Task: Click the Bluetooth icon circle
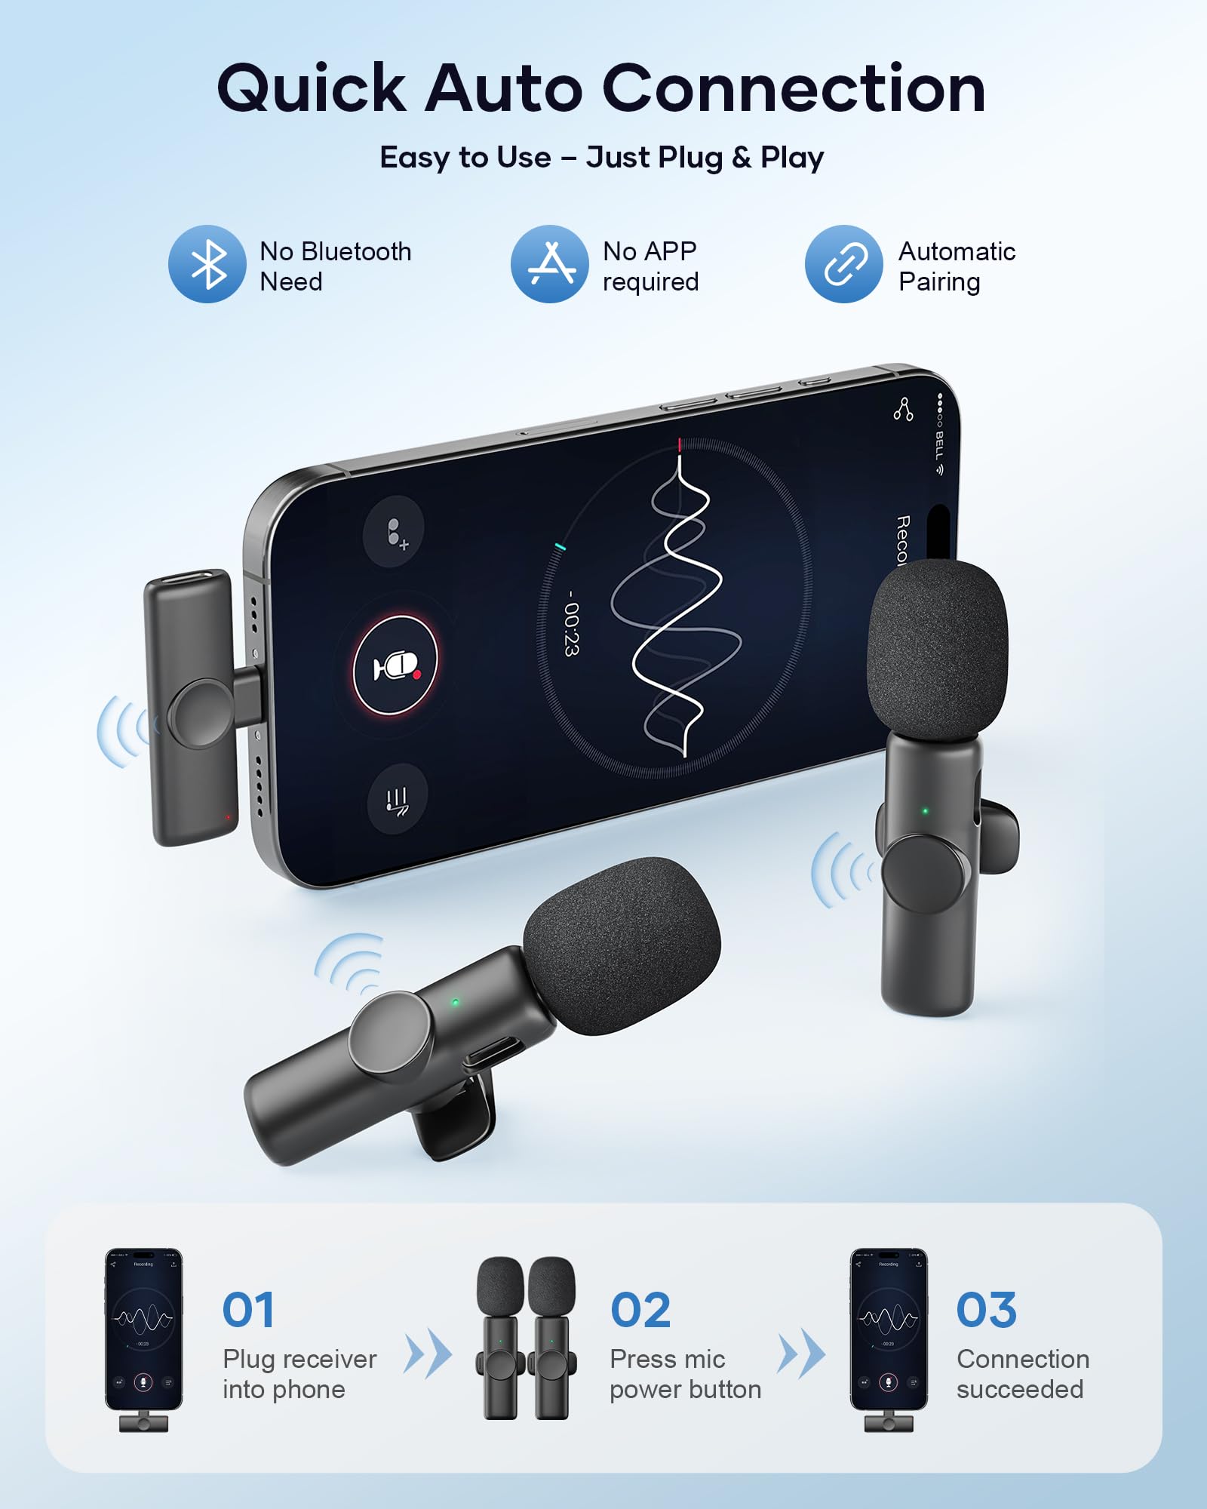click(207, 264)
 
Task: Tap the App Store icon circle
click(549, 264)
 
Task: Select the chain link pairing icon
click(843, 264)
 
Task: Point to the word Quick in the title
click(312, 89)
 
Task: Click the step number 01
click(248, 1310)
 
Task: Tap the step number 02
click(640, 1310)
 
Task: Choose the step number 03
click(987, 1310)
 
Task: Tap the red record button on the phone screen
click(396, 665)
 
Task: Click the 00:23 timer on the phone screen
click(572, 623)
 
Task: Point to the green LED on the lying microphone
click(455, 1003)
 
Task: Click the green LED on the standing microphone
click(926, 811)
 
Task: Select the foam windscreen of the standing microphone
click(938, 649)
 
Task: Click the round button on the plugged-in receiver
click(201, 713)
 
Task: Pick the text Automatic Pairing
click(957, 266)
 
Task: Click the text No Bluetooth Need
click(335, 266)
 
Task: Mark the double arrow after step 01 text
click(428, 1355)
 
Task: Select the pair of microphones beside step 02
click(526, 1337)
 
